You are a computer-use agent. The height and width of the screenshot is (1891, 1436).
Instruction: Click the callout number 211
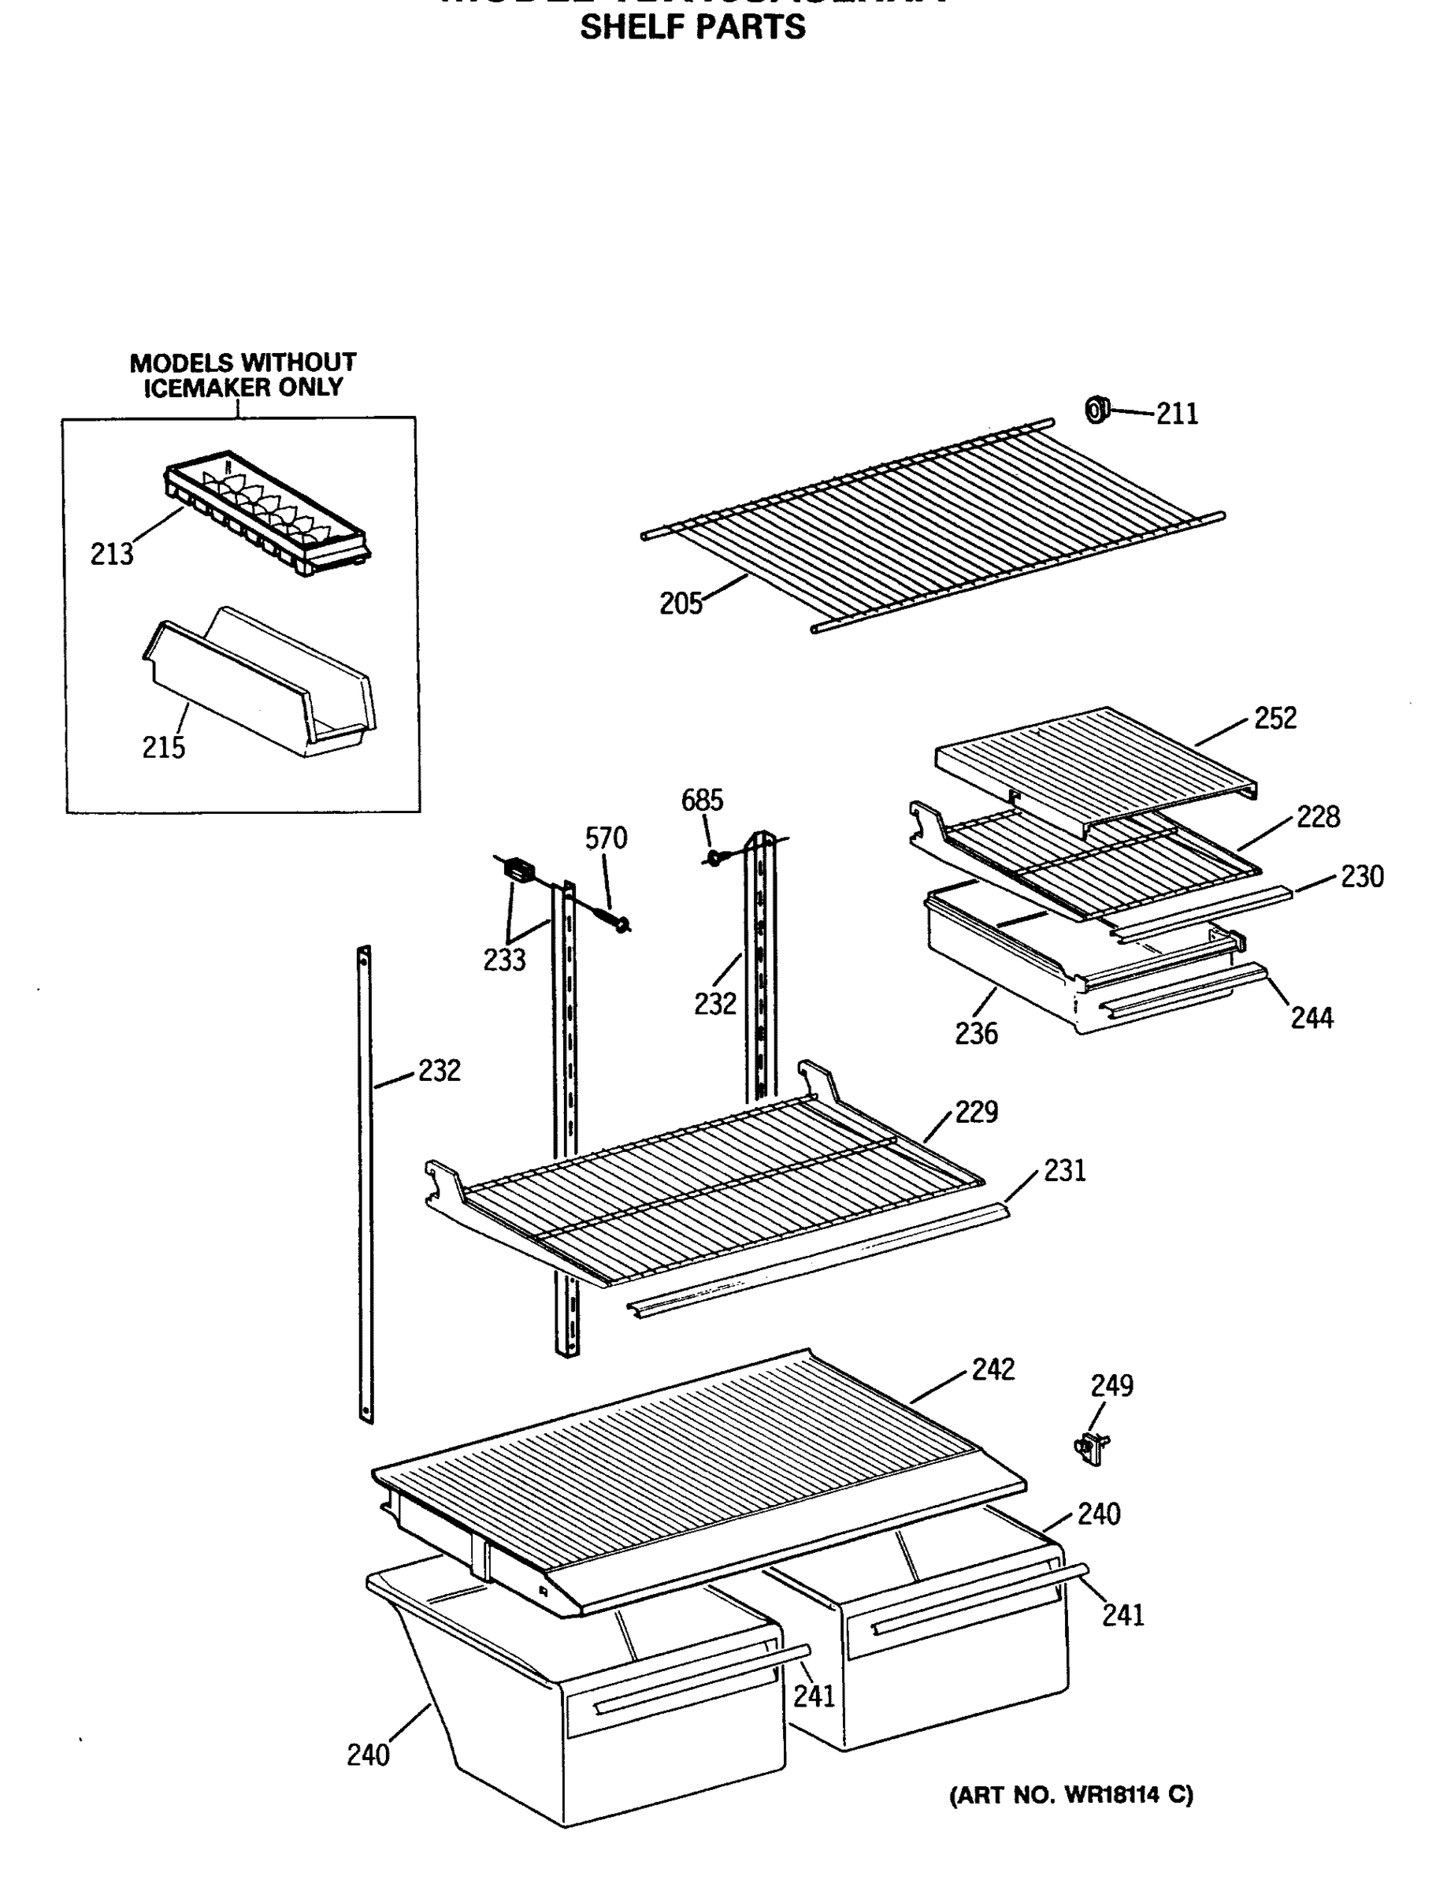tap(1177, 414)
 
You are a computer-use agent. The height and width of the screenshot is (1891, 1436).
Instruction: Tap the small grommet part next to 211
tap(1096, 411)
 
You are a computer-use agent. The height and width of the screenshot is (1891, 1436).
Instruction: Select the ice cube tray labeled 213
tap(267, 512)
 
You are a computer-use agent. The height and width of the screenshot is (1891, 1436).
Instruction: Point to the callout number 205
tap(681, 604)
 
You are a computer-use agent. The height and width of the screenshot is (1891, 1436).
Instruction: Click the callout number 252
tap(1275, 718)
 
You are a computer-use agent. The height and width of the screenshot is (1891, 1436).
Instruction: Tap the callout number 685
tap(702, 801)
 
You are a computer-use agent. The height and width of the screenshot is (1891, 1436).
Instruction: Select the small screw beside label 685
tap(715, 855)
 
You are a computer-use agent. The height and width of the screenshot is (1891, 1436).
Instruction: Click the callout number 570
tap(606, 838)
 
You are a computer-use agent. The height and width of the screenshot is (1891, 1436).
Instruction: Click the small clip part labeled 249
tap(1092, 1446)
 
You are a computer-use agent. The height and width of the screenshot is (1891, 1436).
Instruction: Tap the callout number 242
tap(993, 1369)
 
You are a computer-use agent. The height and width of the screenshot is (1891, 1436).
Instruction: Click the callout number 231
tap(1064, 1170)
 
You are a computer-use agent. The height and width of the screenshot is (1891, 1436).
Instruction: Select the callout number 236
tap(976, 1035)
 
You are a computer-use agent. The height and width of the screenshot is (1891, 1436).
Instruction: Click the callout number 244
tap(1312, 1018)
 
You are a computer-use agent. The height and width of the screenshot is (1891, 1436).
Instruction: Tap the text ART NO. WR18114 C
tap(1071, 1795)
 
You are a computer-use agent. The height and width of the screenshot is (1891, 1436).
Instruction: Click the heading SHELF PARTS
tap(692, 28)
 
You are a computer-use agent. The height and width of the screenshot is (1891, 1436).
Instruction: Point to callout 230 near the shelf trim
tap(1362, 877)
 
